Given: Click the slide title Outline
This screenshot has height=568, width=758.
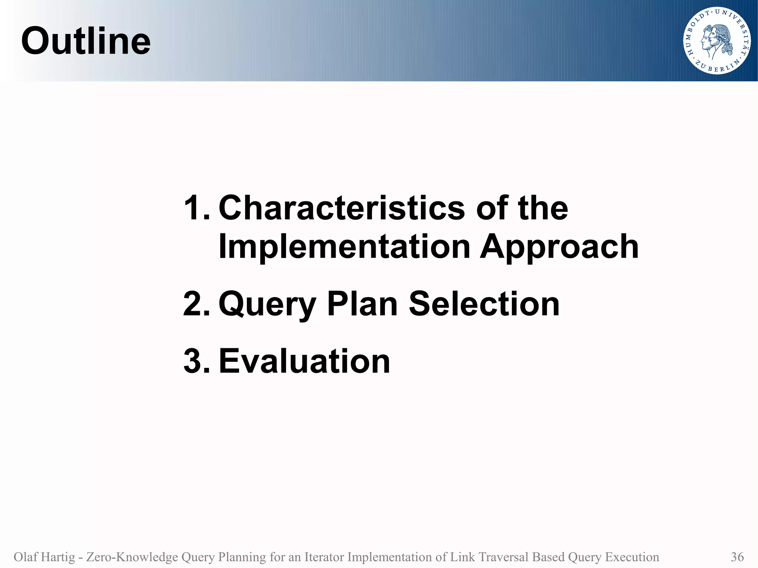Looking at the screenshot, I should (x=86, y=41).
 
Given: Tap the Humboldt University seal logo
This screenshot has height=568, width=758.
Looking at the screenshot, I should (x=717, y=41).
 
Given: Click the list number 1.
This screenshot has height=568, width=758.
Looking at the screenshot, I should (x=196, y=208).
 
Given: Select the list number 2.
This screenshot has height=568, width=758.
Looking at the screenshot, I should (x=196, y=304).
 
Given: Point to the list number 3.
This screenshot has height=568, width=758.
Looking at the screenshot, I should (x=196, y=361).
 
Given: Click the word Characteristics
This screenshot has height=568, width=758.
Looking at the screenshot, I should (x=342, y=208).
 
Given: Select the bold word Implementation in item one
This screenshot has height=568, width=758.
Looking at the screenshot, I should (x=344, y=246).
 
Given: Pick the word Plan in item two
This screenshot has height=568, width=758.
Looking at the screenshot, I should (x=362, y=304).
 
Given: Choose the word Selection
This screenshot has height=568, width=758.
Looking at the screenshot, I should (x=484, y=304).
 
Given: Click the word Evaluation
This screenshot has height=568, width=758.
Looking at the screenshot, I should (x=304, y=361).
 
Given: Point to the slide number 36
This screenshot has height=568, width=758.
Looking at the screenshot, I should (x=737, y=557).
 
